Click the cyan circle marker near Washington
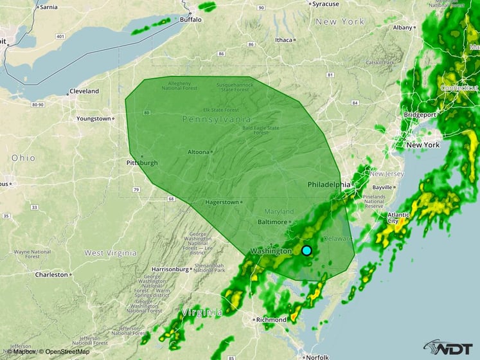307,250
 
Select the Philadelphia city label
329,184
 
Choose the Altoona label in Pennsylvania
199,152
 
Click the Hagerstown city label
222,202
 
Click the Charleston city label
51,274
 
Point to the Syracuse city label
325,4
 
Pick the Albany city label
403,28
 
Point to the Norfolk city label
318,355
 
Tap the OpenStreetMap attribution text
66,352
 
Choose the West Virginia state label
112,253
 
